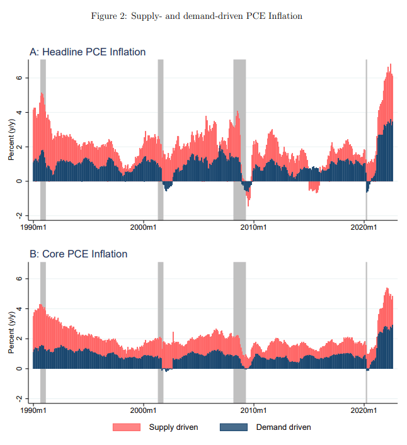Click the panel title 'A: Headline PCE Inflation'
coord(88,52)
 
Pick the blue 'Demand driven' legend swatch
coord(234,427)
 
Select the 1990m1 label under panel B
coord(33,411)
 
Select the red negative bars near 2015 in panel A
coord(314,187)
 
